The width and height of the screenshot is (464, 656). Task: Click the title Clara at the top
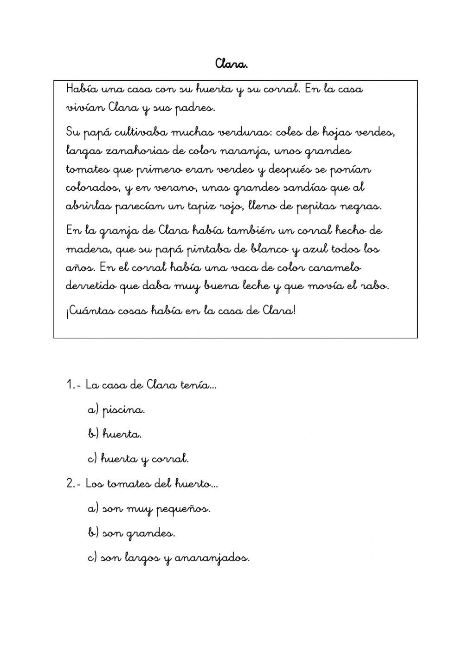click(232, 64)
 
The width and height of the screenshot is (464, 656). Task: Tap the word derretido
click(90, 286)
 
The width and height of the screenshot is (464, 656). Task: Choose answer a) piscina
click(116, 410)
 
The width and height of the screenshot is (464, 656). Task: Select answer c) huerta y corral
click(138, 459)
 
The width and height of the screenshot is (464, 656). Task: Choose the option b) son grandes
click(131, 533)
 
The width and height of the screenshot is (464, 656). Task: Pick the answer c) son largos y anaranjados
click(168, 558)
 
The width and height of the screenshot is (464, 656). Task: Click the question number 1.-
click(74, 385)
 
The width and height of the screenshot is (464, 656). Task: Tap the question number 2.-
click(74, 484)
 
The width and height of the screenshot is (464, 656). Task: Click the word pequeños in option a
click(183, 509)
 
